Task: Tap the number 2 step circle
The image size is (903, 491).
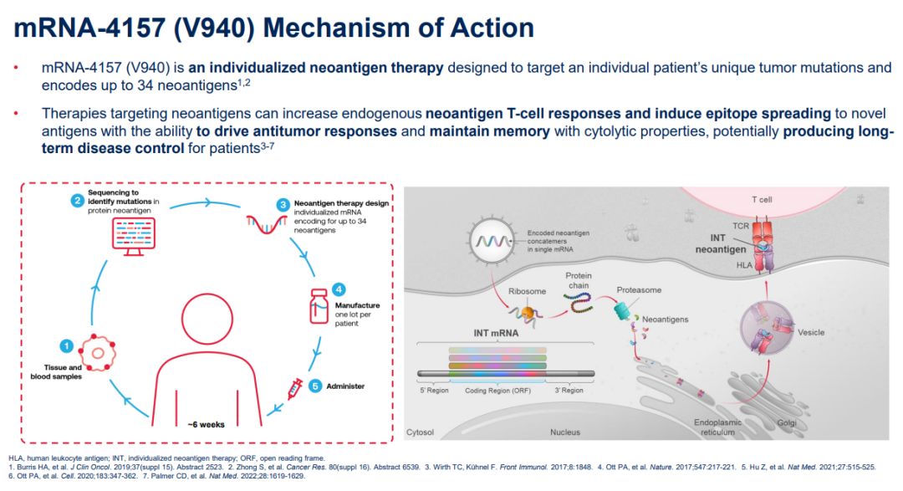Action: coord(76,201)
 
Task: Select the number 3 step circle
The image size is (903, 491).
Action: coord(283,204)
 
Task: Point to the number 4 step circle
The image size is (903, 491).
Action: coord(339,289)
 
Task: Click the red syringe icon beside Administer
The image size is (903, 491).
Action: coord(295,388)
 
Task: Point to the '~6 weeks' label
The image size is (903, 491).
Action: coord(206,423)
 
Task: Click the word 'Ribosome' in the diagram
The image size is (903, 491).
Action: coord(528,292)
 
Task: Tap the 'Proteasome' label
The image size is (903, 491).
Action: coord(639,289)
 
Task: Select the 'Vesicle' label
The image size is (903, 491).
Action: coord(811,332)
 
